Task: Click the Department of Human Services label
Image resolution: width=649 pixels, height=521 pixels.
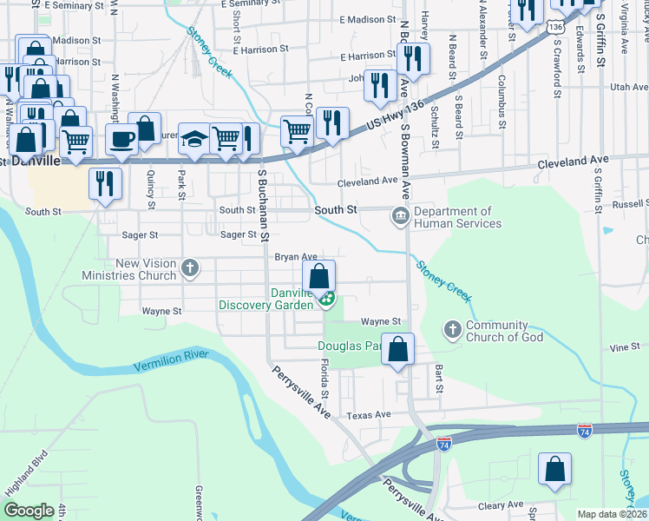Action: (457, 217)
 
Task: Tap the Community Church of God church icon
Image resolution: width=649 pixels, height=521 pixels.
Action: (452, 330)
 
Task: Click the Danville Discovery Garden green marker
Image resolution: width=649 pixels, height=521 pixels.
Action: (327, 300)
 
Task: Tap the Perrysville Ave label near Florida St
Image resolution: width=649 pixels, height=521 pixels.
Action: (302, 392)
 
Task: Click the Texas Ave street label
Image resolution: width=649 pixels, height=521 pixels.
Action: (370, 415)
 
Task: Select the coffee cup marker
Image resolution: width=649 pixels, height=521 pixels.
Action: (121, 139)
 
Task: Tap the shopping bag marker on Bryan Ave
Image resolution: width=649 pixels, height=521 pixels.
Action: (319, 277)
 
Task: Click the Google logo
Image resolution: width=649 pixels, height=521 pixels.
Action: (29, 511)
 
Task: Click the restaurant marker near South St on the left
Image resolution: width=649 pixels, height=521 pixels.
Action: (105, 183)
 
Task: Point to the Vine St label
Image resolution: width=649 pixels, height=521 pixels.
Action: (624, 347)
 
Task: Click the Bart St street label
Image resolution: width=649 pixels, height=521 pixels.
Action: (439, 379)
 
